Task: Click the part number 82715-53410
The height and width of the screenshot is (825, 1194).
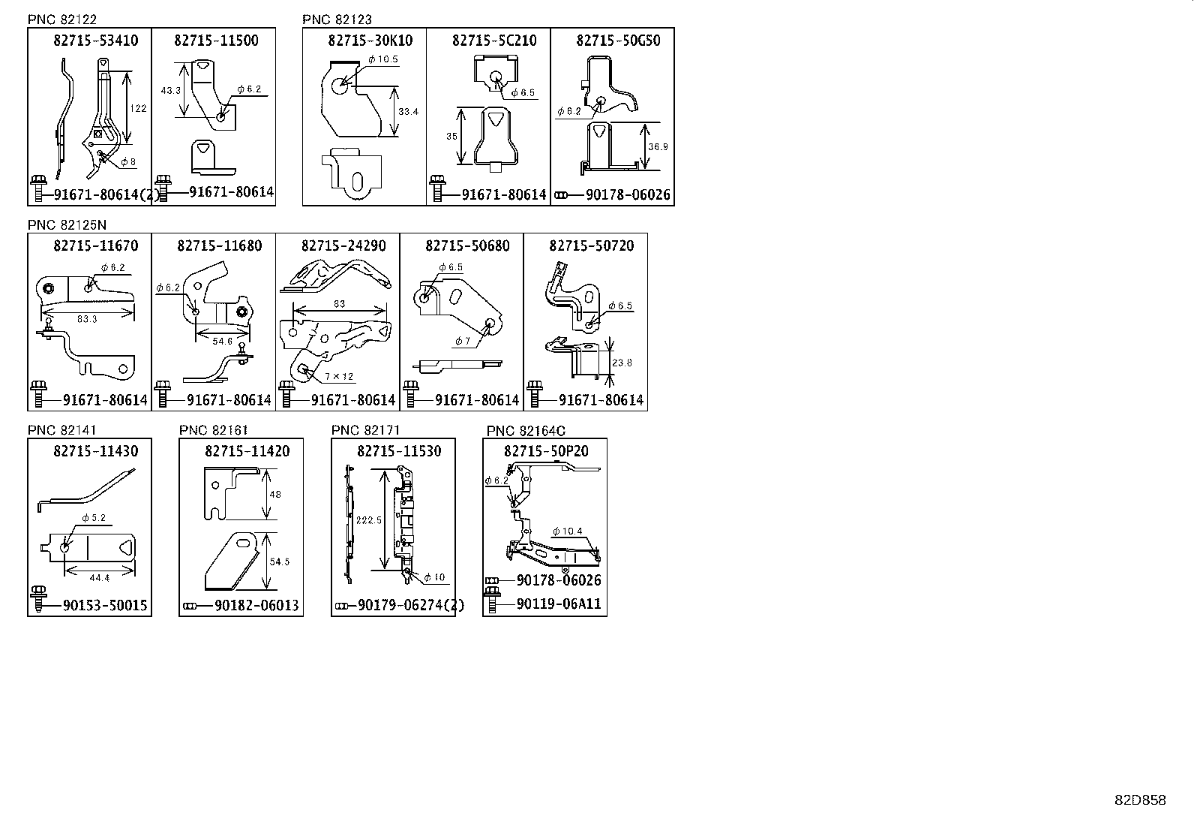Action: pyautogui.click(x=95, y=41)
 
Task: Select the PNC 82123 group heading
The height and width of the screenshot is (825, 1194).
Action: pyautogui.click(x=337, y=20)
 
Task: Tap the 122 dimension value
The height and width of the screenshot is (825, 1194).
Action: pyautogui.click(x=138, y=108)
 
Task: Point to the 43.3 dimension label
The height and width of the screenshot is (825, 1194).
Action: pyautogui.click(x=170, y=90)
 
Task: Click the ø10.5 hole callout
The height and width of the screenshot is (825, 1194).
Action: pyautogui.click(x=383, y=59)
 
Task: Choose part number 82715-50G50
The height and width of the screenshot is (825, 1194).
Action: pyautogui.click(x=618, y=41)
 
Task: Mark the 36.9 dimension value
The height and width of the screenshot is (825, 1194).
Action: pyautogui.click(x=657, y=147)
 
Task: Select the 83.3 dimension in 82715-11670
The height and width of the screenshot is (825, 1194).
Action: pyautogui.click(x=87, y=319)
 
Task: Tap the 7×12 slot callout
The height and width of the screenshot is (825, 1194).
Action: pyautogui.click(x=339, y=377)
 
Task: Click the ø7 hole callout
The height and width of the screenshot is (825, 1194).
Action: pyautogui.click(x=462, y=341)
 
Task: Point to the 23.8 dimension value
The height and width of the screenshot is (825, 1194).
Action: pyautogui.click(x=622, y=363)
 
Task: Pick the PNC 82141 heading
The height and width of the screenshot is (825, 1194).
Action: pyautogui.click(x=62, y=430)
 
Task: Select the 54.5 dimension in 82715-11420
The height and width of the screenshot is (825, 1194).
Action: pyautogui.click(x=279, y=562)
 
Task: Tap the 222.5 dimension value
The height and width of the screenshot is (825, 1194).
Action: pyautogui.click(x=369, y=519)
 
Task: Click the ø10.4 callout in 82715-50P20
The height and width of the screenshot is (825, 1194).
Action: pyautogui.click(x=567, y=531)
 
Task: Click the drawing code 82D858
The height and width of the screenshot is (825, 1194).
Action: pyautogui.click(x=1140, y=800)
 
